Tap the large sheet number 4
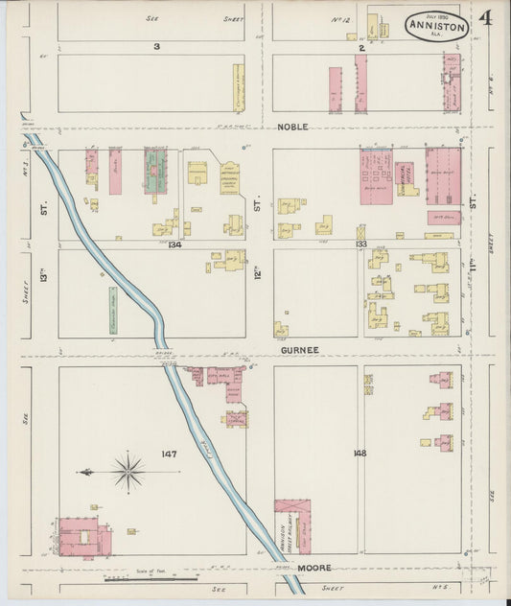pyautogui.click(x=486, y=18)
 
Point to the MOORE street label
pyautogui.click(x=314, y=568)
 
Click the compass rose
pyautogui.click(x=127, y=471)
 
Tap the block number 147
pyautogui.click(x=170, y=454)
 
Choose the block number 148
pyautogui.click(x=360, y=453)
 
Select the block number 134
pyautogui.click(x=175, y=245)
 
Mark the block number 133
pyautogui.click(x=361, y=245)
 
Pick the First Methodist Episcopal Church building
pyautogui.click(x=229, y=177)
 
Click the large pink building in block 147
pyautogui.click(x=83, y=537)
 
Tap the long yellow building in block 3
pyautogui.click(x=238, y=87)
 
